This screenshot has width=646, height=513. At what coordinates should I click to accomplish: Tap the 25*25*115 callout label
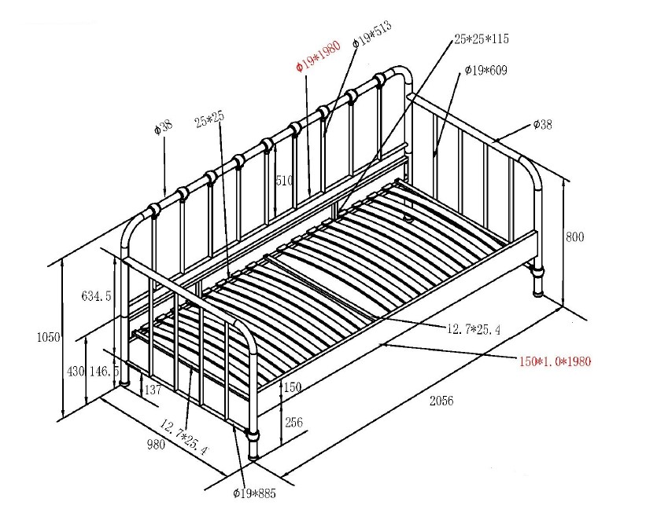point(480,38)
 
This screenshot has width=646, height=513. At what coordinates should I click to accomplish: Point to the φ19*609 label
point(485,71)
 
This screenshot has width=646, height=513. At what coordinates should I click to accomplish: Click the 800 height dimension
point(575,236)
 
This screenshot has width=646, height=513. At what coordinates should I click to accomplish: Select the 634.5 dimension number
point(96,296)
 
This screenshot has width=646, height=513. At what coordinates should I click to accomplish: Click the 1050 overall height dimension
point(48,337)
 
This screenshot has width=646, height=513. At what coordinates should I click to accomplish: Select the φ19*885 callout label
point(254,493)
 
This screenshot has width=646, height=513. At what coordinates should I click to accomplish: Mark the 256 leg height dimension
point(293,423)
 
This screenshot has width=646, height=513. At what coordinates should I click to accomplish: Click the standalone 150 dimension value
point(293,387)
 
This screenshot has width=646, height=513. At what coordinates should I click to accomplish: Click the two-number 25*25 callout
point(210,119)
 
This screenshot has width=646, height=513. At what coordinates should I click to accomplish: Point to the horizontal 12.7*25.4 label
point(474,328)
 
